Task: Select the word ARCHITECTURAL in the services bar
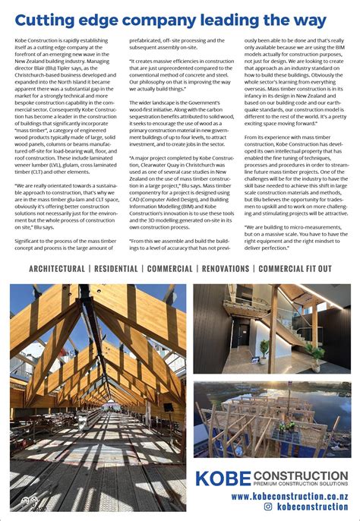(57, 269)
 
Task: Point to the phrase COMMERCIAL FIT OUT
(295, 269)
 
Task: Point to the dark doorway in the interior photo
(243, 334)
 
